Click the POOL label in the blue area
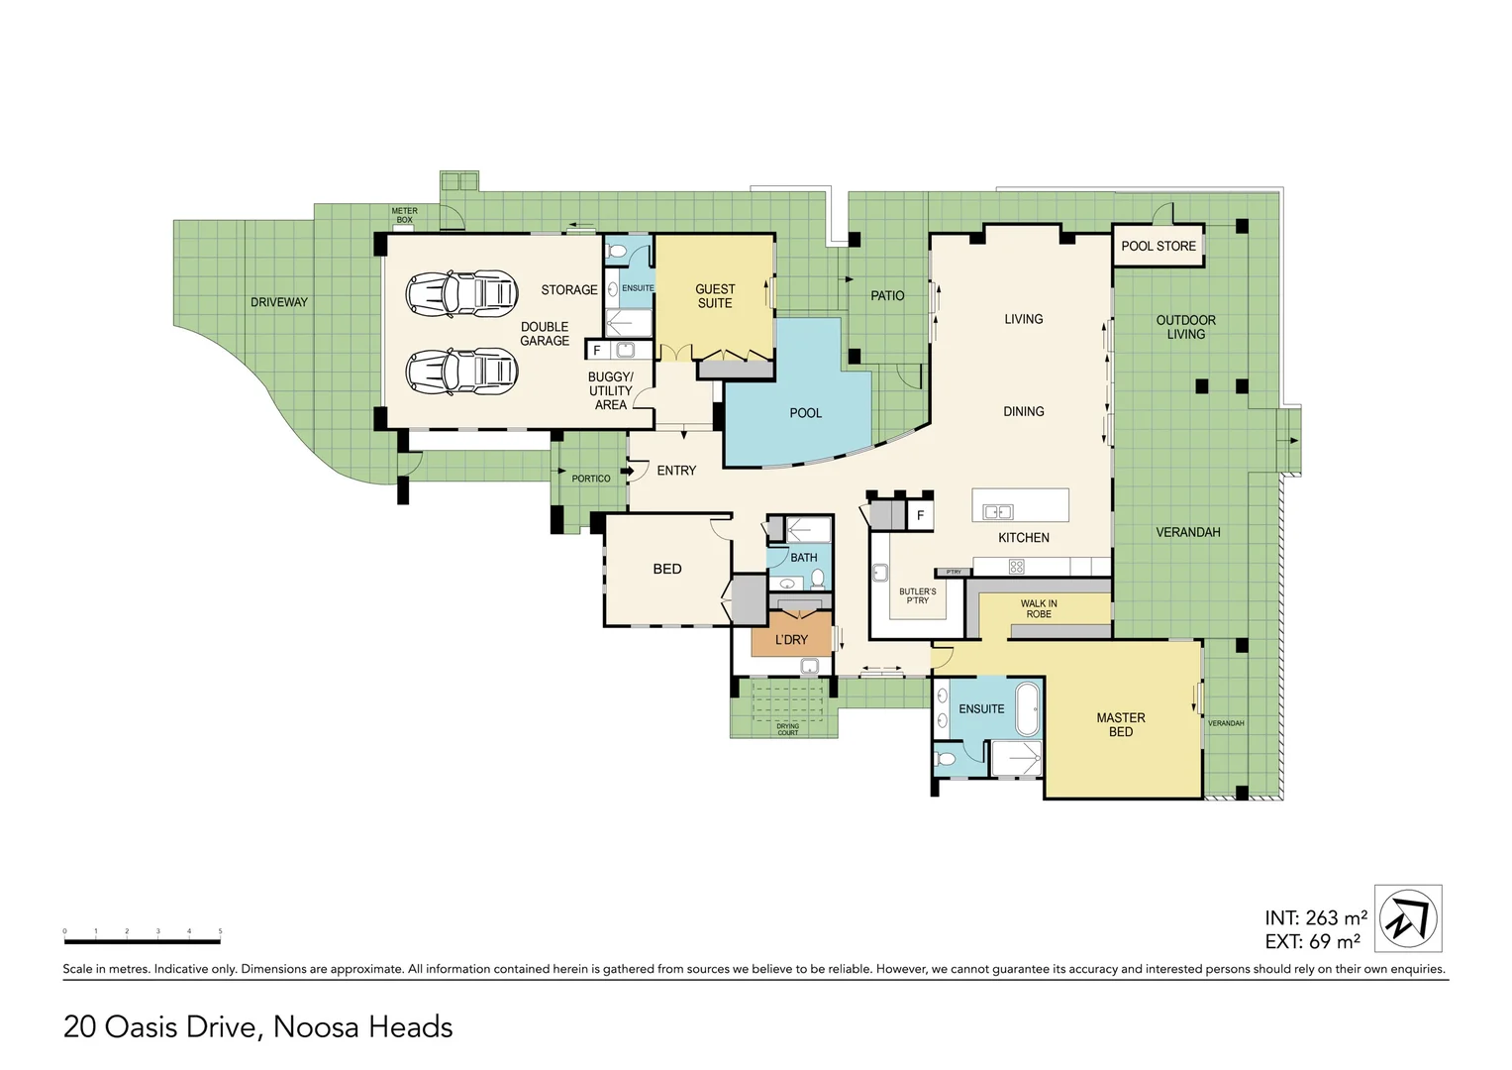805,413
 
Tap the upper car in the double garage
461,292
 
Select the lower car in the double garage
461,371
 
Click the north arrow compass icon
1408,918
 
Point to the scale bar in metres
142,939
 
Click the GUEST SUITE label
715,296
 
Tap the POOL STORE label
1159,246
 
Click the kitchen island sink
997,512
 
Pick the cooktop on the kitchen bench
1016,567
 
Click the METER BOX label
404,215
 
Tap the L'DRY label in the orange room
791,640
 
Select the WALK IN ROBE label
1039,608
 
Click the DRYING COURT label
787,729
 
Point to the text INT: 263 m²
1316,918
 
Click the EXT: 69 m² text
1312,941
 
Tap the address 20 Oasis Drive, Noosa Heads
258,1027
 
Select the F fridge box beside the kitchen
920,515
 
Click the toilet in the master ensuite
945,760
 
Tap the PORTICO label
591,479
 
